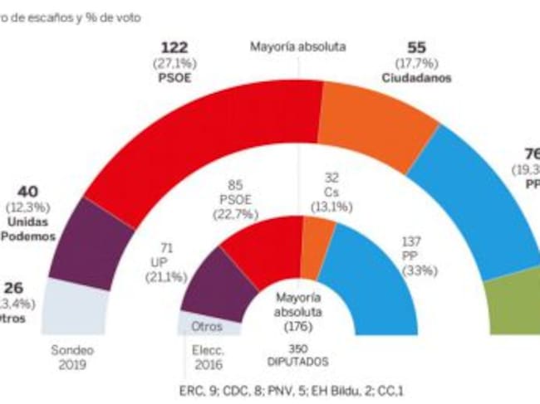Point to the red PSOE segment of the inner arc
click(x=258, y=245)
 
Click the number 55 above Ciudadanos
click(x=417, y=48)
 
